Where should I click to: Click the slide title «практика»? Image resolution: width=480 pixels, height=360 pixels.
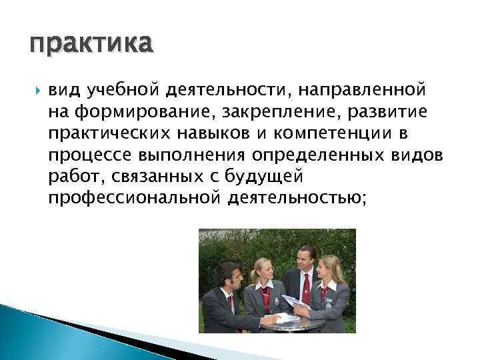[x=91, y=45]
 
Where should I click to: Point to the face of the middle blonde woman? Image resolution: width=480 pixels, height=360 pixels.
[x=263, y=272]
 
